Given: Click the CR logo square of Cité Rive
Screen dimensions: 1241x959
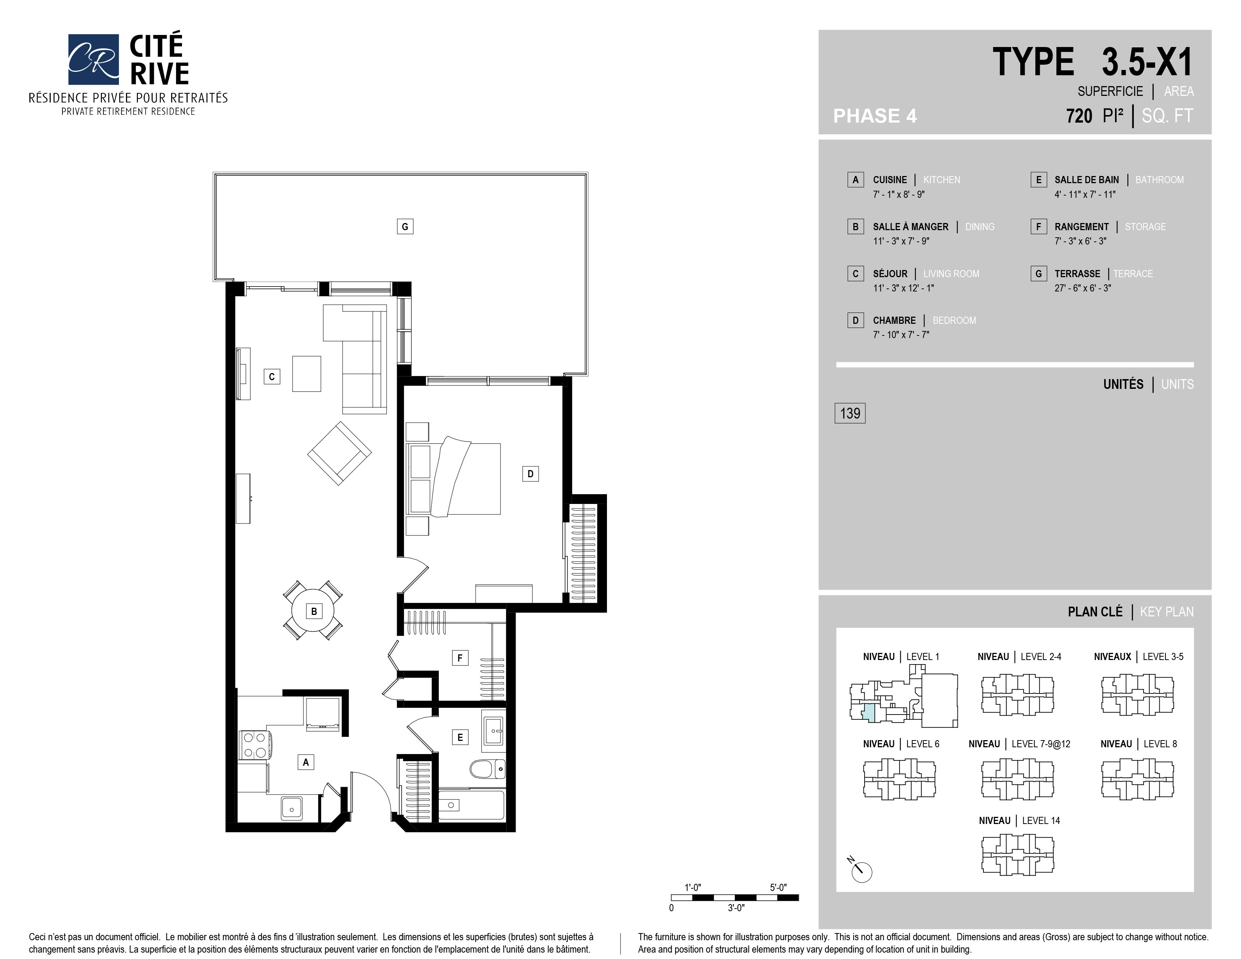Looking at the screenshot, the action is pos(94,59).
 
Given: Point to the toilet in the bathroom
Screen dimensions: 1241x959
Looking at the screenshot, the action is pos(487,769).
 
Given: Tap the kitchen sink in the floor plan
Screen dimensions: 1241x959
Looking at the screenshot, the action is pos(291,807).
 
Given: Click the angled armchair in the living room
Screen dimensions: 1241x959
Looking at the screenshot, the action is pos(339,453).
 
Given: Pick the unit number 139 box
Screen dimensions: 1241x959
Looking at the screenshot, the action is pos(850,413).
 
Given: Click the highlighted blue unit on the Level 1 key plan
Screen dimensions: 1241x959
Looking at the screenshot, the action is pos(869,713).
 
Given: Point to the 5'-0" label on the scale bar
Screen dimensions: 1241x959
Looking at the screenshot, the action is pos(778,888).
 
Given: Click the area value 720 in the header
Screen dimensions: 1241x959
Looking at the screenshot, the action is pos(1079,116).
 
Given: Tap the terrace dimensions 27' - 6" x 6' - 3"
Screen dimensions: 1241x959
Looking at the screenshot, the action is pos(1082,288).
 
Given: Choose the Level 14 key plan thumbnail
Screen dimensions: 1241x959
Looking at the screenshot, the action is pos(1017,854).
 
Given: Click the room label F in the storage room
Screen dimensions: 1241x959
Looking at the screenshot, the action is pos(460,658).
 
